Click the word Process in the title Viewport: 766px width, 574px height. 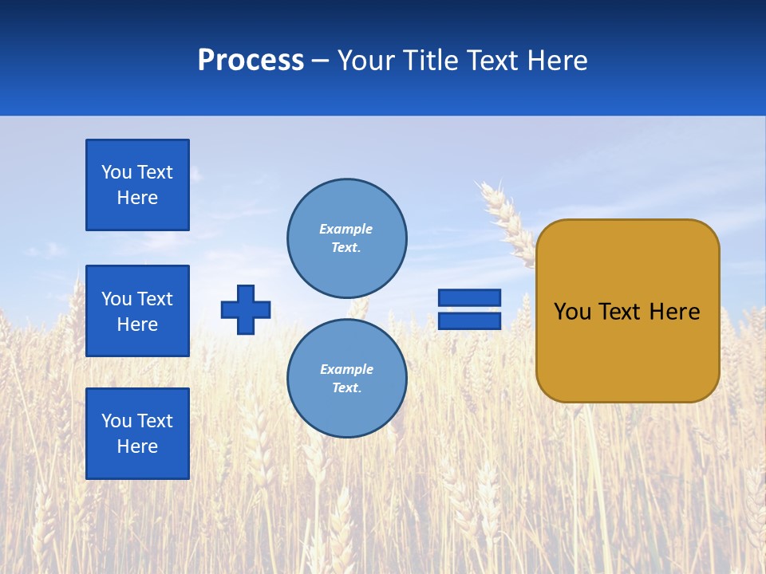tap(251, 61)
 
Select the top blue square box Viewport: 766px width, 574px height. tap(137, 185)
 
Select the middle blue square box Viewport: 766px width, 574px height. tap(137, 311)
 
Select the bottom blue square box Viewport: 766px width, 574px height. tap(137, 434)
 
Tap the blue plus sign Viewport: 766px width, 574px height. tap(246, 309)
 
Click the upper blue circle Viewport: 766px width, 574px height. tap(346, 238)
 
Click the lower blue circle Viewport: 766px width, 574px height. tap(346, 378)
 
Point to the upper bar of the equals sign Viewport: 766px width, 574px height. tap(469, 298)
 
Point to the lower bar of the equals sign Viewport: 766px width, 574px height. tap(469, 321)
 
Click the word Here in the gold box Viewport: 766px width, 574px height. tap(674, 312)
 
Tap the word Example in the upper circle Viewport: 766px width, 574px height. tap(346, 229)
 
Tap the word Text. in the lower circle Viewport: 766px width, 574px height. tap(346, 388)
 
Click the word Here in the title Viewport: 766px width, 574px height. tap(556, 61)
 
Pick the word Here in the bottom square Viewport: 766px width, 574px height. tap(137, 446)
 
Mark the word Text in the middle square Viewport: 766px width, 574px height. tap(156, 299)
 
